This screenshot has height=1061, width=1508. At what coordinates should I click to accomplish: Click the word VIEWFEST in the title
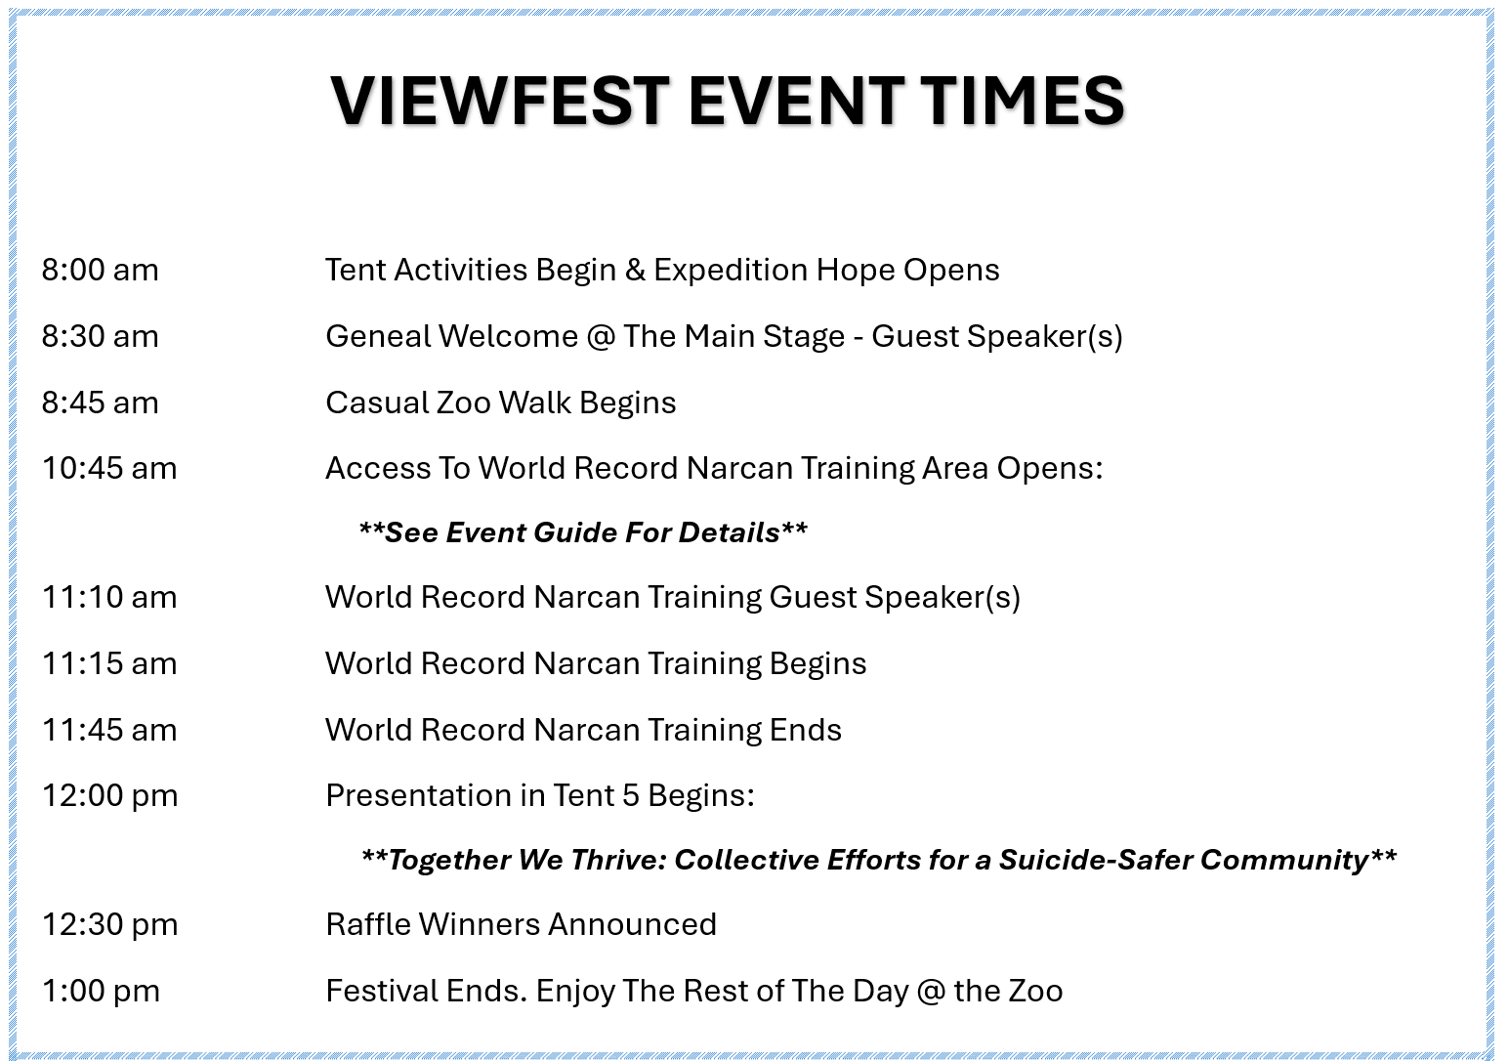coord(499,101)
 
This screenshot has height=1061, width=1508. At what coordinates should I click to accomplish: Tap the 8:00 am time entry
coord(101,270)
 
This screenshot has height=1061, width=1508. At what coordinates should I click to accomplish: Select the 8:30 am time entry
coord(101,336)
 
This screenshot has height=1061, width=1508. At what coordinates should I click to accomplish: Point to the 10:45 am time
coord(109,468)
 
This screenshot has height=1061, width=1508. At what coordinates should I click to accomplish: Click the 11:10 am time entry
coord(109,597)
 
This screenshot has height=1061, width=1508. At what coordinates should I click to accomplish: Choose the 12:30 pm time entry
coord(109,924)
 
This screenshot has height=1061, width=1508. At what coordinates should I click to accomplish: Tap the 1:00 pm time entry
coord(101,991)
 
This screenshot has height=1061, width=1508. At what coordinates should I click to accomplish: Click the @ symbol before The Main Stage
coord(601,337)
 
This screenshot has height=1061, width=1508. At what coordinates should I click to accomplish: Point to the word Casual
coord(377,403)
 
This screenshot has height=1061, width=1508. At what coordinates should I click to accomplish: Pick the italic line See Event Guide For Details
coord(583,532)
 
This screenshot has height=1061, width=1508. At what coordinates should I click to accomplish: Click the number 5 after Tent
coord(630,795)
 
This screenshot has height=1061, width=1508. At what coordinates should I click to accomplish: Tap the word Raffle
coord(368,924)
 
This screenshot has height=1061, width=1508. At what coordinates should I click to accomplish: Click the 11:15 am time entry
coord(109,663)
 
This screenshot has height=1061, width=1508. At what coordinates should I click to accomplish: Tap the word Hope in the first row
coord(855,271)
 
